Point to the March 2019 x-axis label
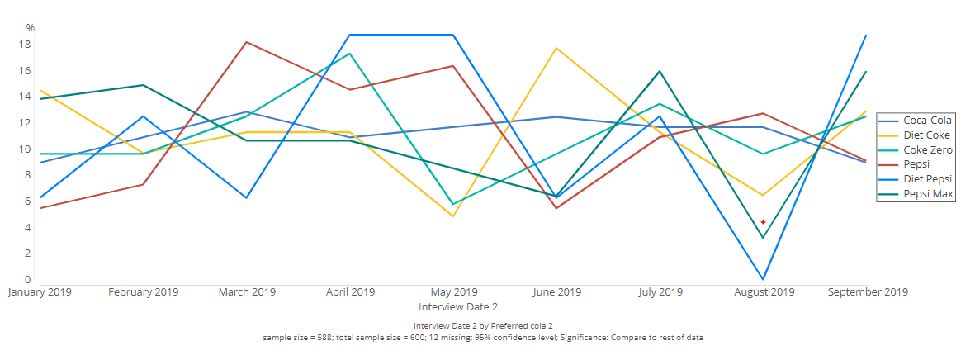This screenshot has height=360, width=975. coord(247,291)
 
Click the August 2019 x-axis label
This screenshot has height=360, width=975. coord(763,291)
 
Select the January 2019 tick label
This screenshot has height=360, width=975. coord(40,291)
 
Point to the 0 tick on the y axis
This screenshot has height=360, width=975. coord(27,280)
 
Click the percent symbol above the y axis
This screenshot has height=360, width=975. coord(31,27)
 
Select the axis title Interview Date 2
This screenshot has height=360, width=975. coord(453,306)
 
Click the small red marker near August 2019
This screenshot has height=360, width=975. coord(763,221)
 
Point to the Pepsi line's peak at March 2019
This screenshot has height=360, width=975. coord(247,42)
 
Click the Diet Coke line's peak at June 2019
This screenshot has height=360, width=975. coord(556,48)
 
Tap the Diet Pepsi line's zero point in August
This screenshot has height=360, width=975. coord(763,279)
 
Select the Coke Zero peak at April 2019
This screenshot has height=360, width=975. coord(350,54)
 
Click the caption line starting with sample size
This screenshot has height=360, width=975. coord(483,338)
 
